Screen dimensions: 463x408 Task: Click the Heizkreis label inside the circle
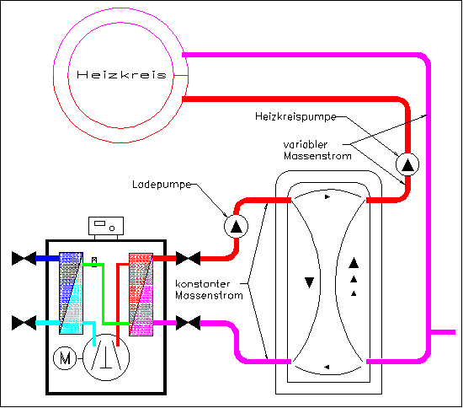121,74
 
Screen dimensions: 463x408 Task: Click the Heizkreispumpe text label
295,116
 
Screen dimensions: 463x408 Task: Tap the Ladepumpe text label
162,185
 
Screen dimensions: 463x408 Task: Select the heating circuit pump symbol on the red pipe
407,164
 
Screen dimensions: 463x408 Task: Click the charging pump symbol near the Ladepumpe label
236,226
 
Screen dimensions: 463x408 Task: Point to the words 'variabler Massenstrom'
317,150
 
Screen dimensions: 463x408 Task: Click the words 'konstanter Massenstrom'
209,289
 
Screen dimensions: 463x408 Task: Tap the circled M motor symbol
65,358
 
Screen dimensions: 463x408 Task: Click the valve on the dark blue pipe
24,259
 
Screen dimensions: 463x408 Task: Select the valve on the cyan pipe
24,323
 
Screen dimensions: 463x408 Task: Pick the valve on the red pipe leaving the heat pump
188,259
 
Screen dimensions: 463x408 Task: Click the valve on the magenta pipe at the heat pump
188,323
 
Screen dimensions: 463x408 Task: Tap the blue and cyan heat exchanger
71,293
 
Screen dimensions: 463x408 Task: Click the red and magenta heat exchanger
141,294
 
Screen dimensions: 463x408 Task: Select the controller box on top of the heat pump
106,226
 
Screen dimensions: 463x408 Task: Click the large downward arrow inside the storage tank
309,282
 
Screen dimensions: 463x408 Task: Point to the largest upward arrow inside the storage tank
354,263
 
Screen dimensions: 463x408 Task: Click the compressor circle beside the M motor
106,357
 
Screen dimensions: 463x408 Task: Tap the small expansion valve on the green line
94,262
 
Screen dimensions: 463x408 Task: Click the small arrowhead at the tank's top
327,196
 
